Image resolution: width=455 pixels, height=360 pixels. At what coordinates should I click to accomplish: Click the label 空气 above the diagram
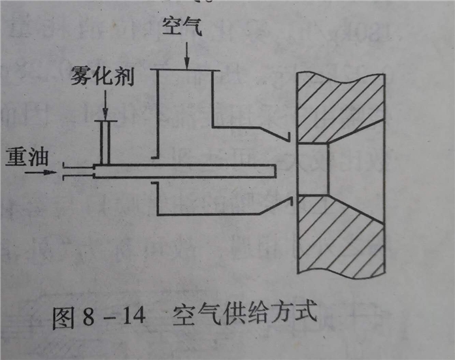[x=181, y=27]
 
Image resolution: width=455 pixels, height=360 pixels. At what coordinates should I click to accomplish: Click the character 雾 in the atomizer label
[x=80, y=78]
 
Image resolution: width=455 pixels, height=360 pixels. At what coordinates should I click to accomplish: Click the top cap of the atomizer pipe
[x=105, y=121]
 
